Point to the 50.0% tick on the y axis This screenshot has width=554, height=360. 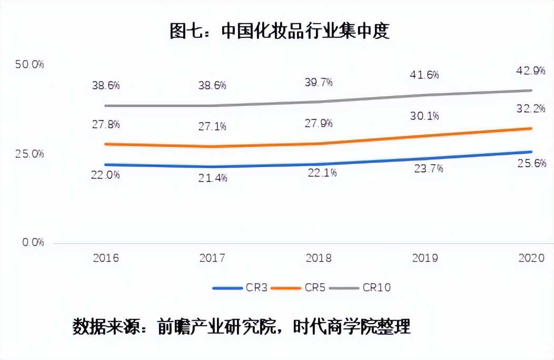coord(29,65)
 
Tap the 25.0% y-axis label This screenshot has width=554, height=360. coord(29,154)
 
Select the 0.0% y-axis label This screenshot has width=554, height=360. coord(33,243)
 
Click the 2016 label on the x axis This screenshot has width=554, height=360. coord(106,258)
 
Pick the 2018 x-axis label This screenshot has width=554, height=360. coord(319,258)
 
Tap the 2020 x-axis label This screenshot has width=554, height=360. coord(531,258)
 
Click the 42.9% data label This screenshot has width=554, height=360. coord(530,70)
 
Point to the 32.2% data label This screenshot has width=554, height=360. coord(530,109)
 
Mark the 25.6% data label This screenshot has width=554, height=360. coord(531,164)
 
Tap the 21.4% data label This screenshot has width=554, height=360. coord(212,178)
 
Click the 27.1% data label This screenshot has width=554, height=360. coord(212,126)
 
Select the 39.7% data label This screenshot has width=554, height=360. coord(318,82)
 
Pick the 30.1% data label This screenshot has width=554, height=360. coord(424,116)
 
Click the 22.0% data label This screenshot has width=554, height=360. coord(105,175)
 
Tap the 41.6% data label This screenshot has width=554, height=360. coord(424,75)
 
